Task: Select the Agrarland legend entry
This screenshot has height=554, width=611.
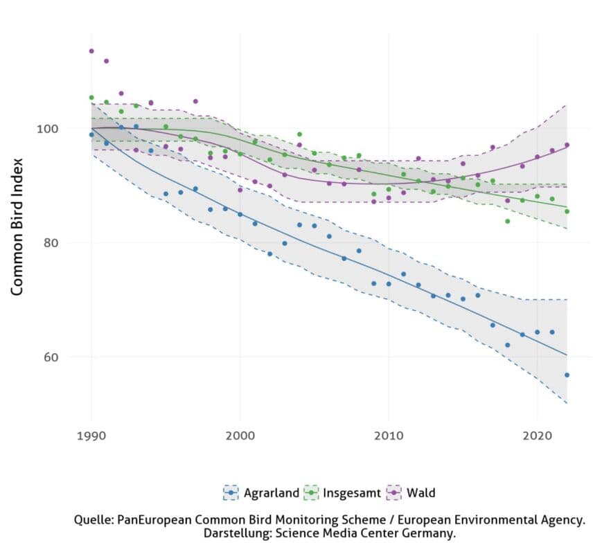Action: (271, 493)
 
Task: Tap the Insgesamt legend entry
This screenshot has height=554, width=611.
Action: (352, 493)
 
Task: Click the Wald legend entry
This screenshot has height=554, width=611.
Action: (421, 493)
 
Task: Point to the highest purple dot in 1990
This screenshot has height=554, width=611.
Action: (91, 51)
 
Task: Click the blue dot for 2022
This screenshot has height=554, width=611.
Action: (567, 375)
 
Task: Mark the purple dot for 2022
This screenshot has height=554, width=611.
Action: (567, 145)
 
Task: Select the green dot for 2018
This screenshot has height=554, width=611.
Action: (507, 221)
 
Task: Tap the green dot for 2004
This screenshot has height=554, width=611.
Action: (299, 134)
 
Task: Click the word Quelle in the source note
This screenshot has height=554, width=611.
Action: (94, 519)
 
